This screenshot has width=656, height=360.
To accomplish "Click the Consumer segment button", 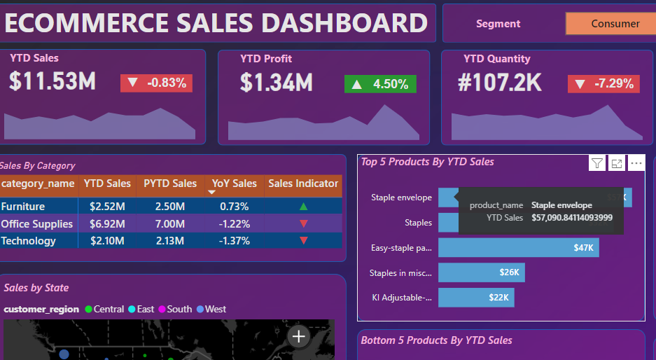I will pyautogui.click(x=610, y=24).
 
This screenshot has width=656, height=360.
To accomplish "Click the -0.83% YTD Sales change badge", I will pyautogui.click(x=156, y=83).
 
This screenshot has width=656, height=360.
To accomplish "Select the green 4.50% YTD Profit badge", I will pyautogui.click(x=380, y=84).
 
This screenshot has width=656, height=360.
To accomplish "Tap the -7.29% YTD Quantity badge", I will pyautogui.click(x=603, y=84).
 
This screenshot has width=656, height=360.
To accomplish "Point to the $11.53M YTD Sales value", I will pyautogui.click(x=53, y=82).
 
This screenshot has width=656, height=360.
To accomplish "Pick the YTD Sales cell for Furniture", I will pyautogui.click(x=107, y=207).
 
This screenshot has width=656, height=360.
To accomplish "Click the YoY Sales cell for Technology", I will pyautogui.click(x=234, y=241).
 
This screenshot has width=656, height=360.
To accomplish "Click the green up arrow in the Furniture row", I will pyautogui.click(x=303, y=207).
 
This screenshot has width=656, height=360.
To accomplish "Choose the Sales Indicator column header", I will pyautogui.click(x=303, y=184).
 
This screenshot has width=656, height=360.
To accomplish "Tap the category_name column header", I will pyautogui.click(x=38, y=184).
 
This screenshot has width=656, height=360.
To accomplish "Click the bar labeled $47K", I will pyautogui.click(x=518, y=248).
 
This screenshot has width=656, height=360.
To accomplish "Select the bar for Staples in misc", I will pyautogui.click(x=481, y=272).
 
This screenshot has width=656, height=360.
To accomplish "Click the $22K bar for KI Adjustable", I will pyautogui.click(x=476, y=297).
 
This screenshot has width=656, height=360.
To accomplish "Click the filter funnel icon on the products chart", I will pyautogui.click(x=596, y=163).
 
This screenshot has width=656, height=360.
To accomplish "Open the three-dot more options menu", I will pyautogui.click(x=636, y=163).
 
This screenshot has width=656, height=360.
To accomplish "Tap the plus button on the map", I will pyautogui.click(x=299, y=337).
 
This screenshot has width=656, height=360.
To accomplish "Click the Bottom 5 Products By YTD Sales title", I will pyautogui.click(x=436, y=340).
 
